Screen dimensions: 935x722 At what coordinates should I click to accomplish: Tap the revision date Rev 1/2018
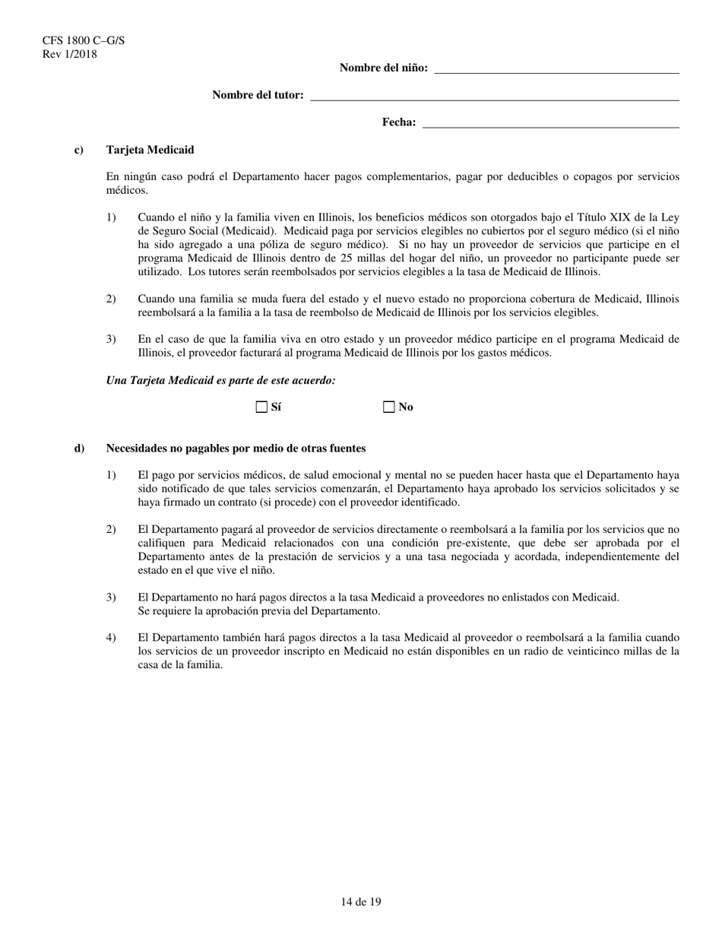(x=70, y=54)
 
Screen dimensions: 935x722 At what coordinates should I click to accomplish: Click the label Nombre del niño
(x=383, y=68)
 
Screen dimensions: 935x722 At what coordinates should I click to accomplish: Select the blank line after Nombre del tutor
(x=495, y=96)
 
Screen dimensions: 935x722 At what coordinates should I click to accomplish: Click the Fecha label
(x=398, y=122)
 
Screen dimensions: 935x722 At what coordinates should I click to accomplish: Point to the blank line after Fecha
(x=550, y=123)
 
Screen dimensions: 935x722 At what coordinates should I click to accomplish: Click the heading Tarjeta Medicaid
(x=150, y=151)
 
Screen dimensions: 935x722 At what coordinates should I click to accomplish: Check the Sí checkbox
(x=262, y=407)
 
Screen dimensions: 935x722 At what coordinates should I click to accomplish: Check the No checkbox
(x=389, y=407)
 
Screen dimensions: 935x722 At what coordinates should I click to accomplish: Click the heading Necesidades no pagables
(x=236, y=448)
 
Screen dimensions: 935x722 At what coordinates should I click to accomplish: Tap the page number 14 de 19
(x=361, y=902)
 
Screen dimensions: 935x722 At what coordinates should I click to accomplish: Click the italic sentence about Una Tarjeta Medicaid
(x=221, y=380)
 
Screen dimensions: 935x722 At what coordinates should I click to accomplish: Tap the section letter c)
(x=79, y=151)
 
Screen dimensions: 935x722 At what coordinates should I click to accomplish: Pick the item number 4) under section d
(x=112, y=638)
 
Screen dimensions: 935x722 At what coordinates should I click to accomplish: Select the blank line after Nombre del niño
(x=556, y=68)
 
